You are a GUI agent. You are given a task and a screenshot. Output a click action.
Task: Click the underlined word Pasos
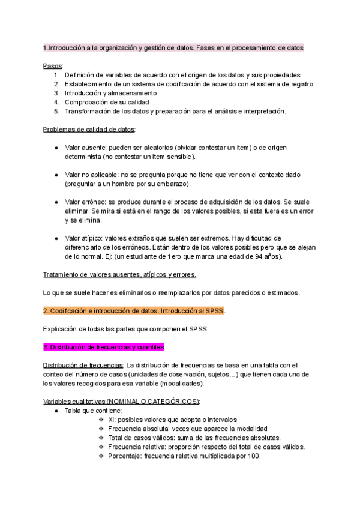click(53, 66)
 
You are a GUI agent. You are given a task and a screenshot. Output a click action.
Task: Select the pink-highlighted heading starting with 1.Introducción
click(173, 48)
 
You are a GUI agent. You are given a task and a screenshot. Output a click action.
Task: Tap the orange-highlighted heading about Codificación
click(134, 311)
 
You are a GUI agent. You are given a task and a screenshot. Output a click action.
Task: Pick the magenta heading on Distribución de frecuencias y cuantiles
click(104, 347)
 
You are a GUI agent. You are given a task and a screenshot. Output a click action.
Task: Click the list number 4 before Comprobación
click(56, 102)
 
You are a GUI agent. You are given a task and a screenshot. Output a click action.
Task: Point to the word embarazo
click(170, 184)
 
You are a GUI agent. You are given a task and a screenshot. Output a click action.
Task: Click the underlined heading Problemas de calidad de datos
click(89, 129)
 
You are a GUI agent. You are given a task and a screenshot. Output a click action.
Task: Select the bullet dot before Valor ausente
click(56, 148)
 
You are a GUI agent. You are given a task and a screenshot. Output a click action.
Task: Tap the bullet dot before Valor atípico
click(56, 238)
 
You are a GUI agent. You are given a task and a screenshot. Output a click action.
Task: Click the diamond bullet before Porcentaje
click(101, 456)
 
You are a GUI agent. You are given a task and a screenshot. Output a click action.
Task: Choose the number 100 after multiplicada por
click(252, 456)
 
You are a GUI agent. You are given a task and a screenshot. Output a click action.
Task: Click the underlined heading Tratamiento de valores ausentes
click(119, 275)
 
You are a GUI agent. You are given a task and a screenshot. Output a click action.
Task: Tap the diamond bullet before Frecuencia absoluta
click(101, 429)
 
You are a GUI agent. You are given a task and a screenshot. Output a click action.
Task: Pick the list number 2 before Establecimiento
click(56, 84)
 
